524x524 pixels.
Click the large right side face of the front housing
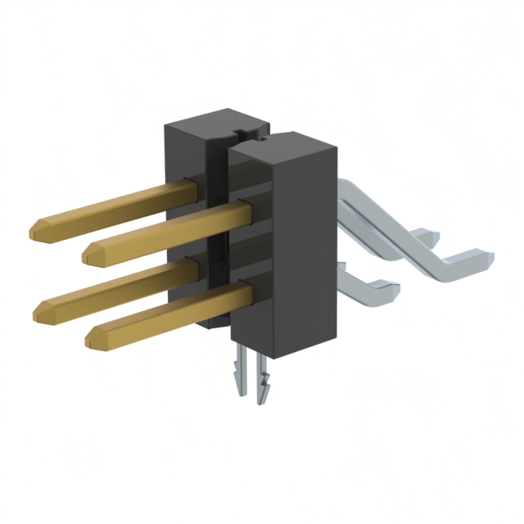pyautogui.click(x=307, y=254)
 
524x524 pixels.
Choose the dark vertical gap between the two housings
pyautogui.click(x=220, y=246)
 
